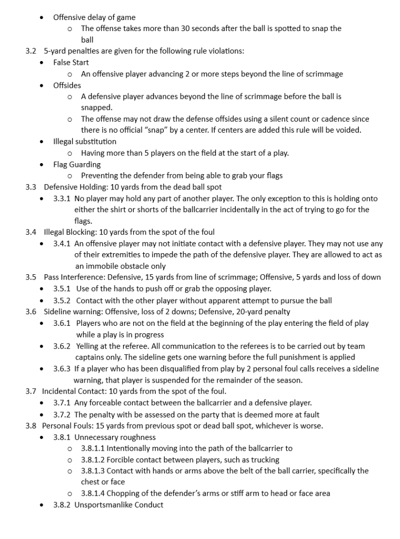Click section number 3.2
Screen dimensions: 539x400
[x=31, y=51]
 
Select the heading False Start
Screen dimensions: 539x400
[x=71, y=63]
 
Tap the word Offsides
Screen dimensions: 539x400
[x=67, y=85]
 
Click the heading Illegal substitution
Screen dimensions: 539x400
[x=85, y=142]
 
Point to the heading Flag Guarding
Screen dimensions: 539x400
[x=77, y=164]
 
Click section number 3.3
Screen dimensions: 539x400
[x=31, y=187]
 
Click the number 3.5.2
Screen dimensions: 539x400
[x=62, y=301]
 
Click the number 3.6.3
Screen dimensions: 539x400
[x=62, y=368]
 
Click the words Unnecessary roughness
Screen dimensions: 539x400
[x=115, y=437]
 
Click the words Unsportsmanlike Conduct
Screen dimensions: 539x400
[x=118, y=505]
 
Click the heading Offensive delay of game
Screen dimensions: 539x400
[x=94, y=17]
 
